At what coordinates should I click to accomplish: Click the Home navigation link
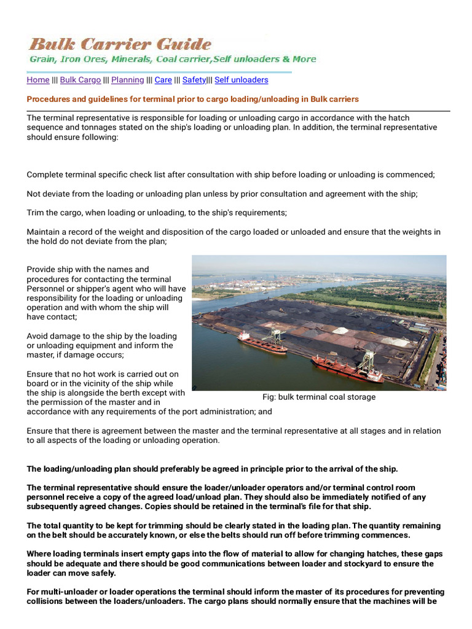pos(38,80)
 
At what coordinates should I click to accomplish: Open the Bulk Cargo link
pos(80,80)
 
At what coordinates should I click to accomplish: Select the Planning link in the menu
pos(127,80)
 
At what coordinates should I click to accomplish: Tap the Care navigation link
pos(163,80)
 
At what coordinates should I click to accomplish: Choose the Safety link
pos(194,80)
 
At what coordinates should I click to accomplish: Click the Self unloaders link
pos(241,80)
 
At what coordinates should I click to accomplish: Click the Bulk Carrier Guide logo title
pos(120,44)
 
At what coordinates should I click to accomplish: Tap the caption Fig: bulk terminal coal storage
pos(318,397)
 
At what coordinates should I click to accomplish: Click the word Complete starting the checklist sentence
pos(45,174)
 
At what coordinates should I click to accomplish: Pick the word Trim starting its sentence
pos(36,213)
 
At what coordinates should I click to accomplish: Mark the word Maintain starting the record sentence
pos(44,232)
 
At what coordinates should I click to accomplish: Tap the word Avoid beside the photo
pos(37,336)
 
